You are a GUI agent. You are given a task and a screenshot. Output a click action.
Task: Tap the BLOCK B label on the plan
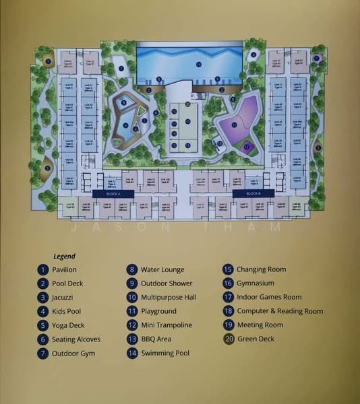(x=253, y=193)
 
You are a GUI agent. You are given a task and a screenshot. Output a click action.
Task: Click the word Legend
(x=65, y=256)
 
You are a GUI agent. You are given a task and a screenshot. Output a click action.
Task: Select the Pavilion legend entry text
(x=69, y=270)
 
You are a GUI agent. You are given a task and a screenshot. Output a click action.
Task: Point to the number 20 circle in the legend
(x=229, y=339)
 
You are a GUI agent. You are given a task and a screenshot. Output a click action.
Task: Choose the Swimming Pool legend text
(x=165, y=353)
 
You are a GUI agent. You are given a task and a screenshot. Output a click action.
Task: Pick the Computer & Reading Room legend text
(x=280, y=311)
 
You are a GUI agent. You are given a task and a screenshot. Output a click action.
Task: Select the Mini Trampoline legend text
(x=167, y=325)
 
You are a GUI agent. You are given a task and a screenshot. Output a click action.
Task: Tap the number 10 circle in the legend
(x=132, y=297)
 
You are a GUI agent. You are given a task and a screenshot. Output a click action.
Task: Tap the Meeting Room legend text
(x=260, y=325)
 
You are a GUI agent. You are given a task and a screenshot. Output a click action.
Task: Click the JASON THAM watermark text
(x=180, y=227)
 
